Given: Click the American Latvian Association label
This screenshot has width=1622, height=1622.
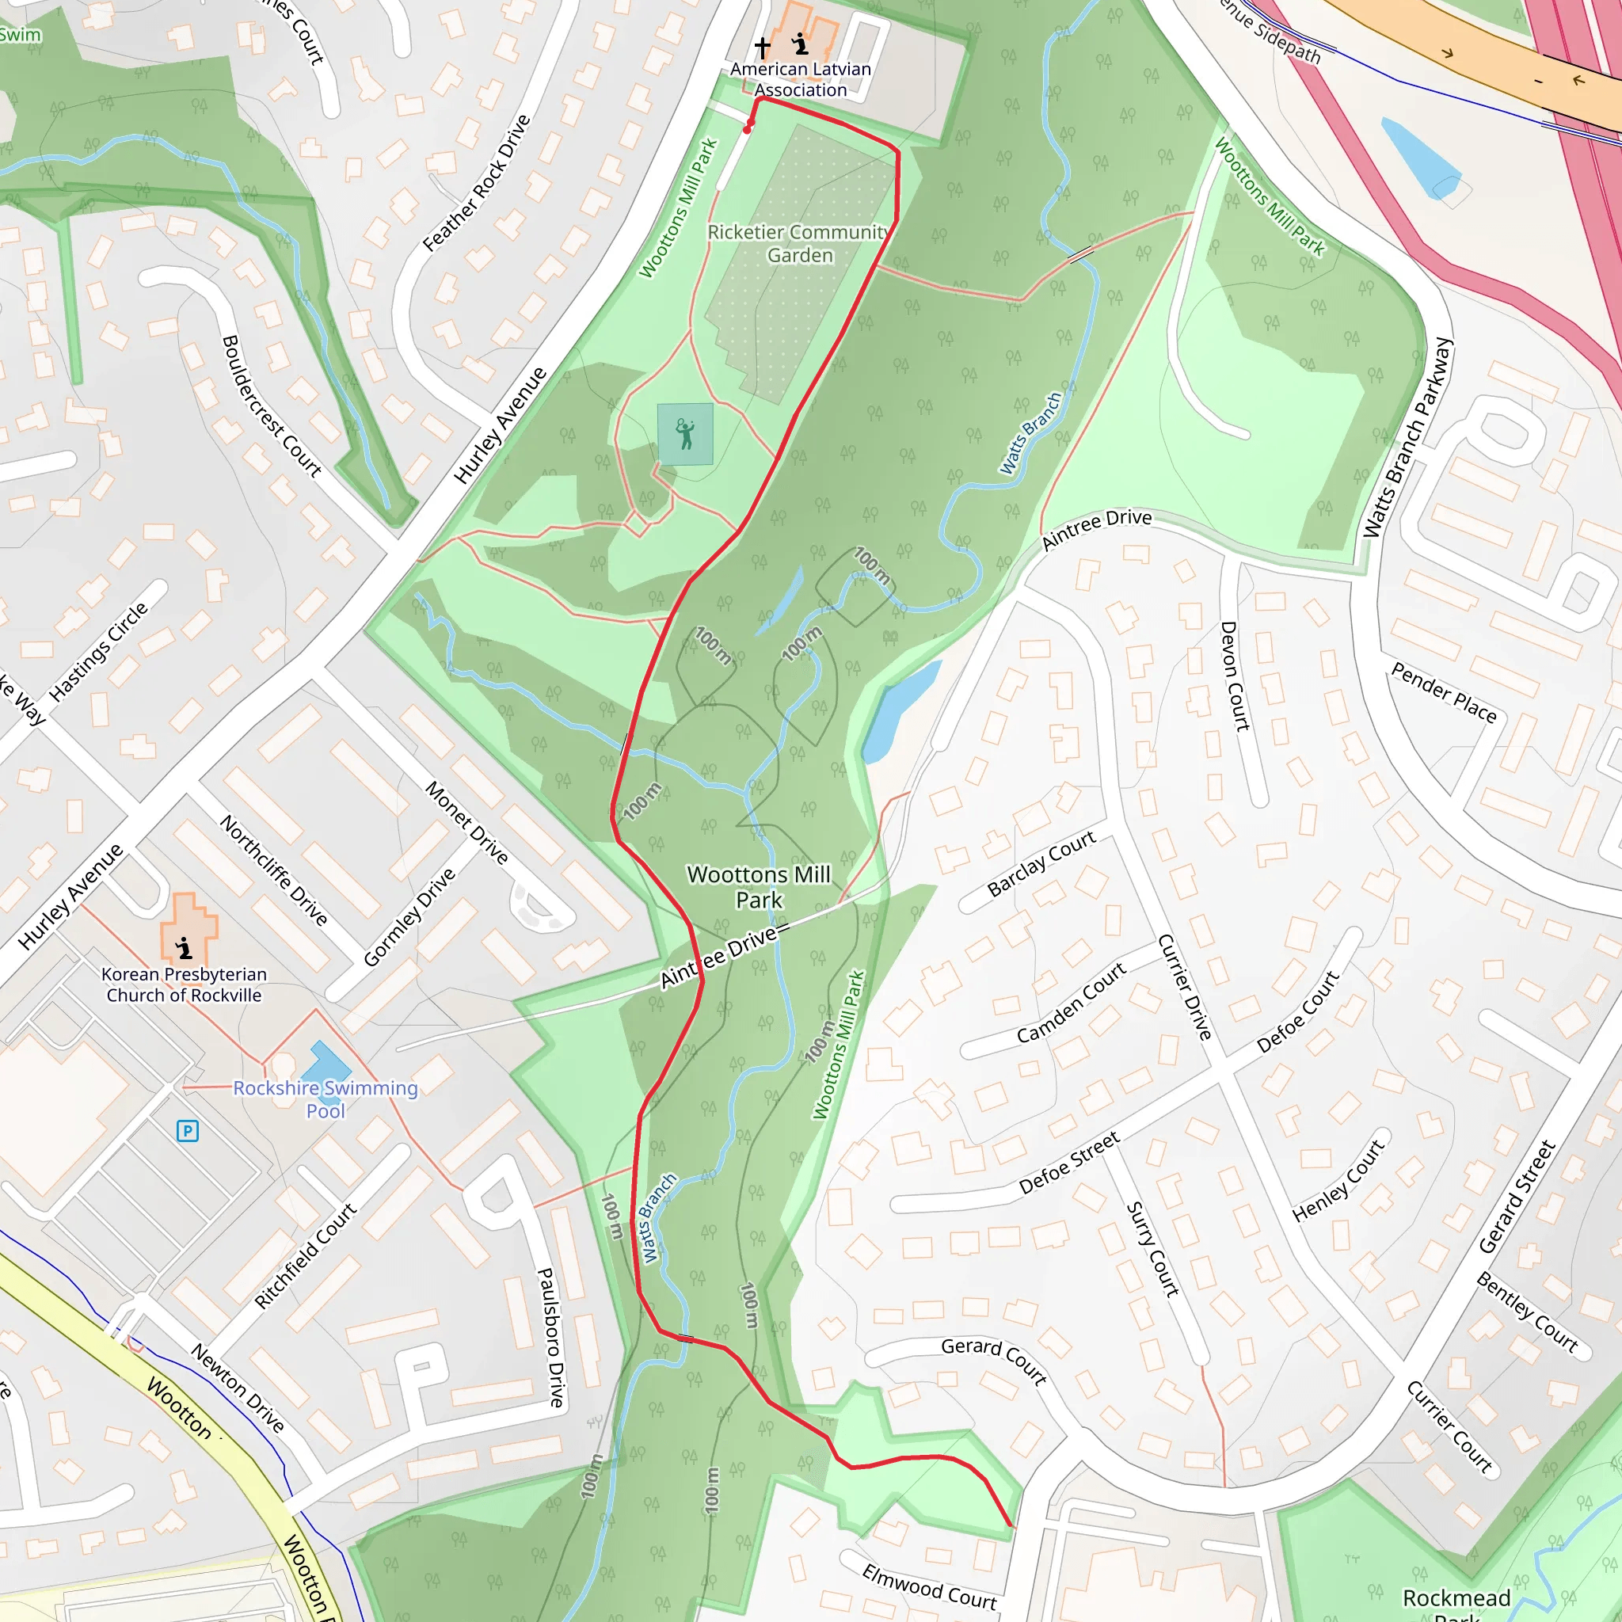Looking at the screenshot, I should coord(800,80).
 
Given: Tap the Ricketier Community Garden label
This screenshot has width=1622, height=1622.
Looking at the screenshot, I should coord(798,243).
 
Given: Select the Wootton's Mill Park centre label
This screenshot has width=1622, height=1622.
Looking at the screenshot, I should coord(758,887).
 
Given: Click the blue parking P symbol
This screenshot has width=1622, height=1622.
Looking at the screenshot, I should coord(187,1131).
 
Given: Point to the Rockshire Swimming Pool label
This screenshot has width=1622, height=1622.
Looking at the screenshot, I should coord(325,1099).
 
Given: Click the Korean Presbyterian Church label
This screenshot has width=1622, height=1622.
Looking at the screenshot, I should coord(184,984).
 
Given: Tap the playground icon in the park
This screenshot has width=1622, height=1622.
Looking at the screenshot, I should coord(685,434).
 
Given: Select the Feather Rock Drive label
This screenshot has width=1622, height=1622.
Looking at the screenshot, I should coord(476,183).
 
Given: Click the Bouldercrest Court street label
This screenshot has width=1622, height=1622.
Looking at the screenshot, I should coord(271,406).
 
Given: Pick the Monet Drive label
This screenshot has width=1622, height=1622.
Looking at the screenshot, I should coord(466,823).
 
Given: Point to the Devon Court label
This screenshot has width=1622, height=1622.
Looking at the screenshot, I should coord(1235,676).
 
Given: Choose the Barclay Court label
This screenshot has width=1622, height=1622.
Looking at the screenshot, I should coord(1041,864).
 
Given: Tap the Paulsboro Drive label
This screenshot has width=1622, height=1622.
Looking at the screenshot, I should coord(550,1337).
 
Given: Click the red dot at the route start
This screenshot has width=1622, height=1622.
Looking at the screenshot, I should coord(747,130).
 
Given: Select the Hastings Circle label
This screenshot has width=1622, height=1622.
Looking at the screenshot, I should coord(98,652).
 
